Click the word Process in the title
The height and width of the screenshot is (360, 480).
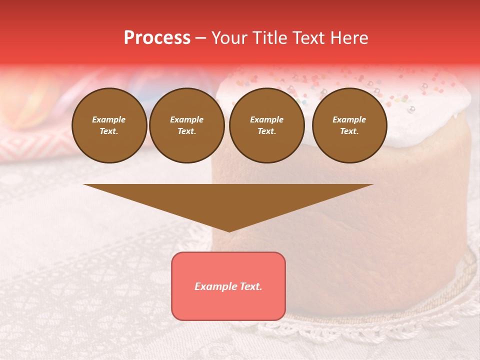(157, 38)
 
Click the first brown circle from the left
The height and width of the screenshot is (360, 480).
(109, 125)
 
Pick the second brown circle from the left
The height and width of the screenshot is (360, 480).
(187, 125)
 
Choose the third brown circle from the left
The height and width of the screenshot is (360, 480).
(266, 125)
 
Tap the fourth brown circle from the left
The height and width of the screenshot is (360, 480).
(349, 125)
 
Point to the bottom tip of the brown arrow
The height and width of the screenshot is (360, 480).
(228, 230)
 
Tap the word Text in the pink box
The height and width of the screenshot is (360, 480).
(250, 286)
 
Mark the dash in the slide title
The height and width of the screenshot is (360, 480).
(200, 38)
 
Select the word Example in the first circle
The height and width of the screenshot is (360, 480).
(109, 120)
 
